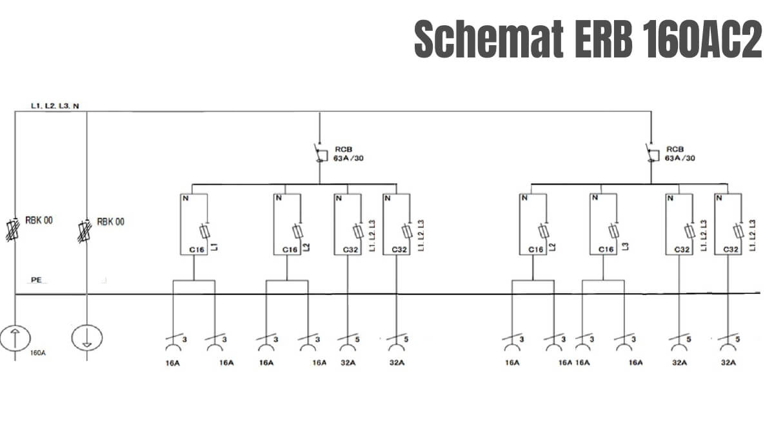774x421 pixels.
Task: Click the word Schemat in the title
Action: [x=489, y=39]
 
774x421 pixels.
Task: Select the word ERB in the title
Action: [x=604, y=39]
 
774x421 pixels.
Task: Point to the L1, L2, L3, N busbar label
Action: [x=55, y=106]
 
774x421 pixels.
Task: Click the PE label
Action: [x=36, y=280]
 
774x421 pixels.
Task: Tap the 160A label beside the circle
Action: [x=37, y=353]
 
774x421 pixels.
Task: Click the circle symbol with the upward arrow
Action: [x=15, y=338]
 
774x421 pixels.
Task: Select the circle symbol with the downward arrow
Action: [x=87, y=337]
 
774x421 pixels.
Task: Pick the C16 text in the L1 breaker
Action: [x=197, y=250]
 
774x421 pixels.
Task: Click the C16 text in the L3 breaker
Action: [x=606, y=249]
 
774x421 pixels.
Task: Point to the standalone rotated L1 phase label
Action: [x=215, y=247]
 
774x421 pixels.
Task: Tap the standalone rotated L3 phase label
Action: [x=625, y=246]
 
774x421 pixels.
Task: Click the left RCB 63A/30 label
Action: [x=348, y=154]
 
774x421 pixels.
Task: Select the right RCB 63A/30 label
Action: [x=680, y=154]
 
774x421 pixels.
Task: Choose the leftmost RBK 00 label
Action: [x=39, y=220]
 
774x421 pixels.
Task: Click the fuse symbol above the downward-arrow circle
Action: [x=84, y=231]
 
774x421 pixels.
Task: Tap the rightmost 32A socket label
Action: [x=728, y=362]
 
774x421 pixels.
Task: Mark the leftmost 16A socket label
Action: [x=172, y=363]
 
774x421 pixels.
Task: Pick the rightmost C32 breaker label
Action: [x=731, y=249]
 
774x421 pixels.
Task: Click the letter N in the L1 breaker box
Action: [x=186, y=198]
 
